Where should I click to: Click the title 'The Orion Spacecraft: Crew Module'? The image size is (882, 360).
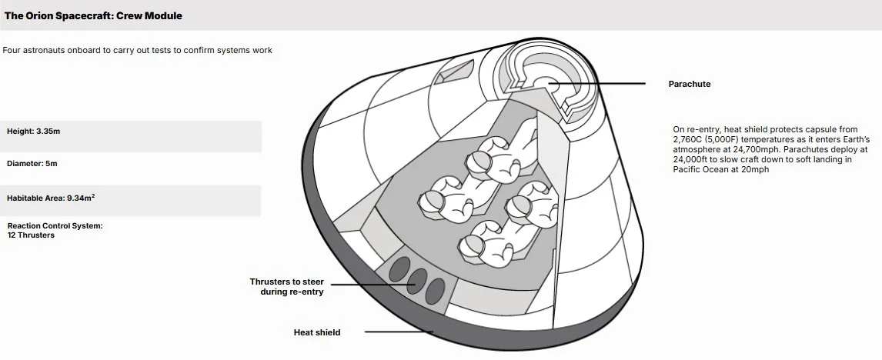(93, 15)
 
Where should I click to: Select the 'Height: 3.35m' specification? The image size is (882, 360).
(33, 132)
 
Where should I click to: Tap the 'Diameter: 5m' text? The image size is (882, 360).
(32, 164)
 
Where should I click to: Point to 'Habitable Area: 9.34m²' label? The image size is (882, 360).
(51, 198)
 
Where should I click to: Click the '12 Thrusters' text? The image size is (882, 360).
(31, 235)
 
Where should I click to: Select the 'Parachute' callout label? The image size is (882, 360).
(689, 84)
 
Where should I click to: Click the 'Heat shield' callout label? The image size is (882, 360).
(316, 332)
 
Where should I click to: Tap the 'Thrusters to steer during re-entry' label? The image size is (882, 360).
(286, 286)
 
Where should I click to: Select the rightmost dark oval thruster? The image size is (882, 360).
(436, 290)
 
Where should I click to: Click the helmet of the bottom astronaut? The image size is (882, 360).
(470, 245)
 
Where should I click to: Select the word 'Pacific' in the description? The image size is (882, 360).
(689, 169)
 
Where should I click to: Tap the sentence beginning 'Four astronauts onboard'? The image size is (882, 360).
(137, 51)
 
